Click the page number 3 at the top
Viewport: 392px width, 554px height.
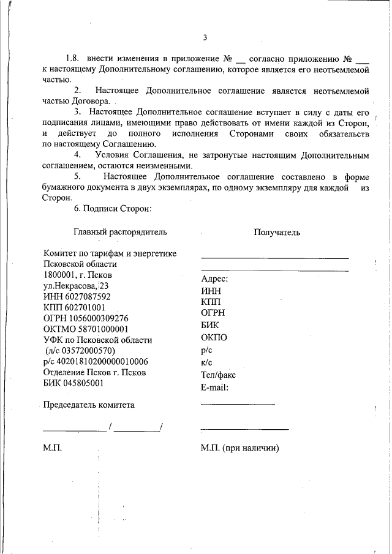205,38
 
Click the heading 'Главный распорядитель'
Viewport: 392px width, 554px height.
120,232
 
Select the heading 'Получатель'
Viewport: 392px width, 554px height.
277,232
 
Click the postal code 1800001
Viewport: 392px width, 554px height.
60,275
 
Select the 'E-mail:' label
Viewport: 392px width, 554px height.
214,387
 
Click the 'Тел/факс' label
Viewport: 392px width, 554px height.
218,375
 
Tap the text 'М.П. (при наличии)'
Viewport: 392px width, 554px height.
239,448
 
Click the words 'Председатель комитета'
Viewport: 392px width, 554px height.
89,405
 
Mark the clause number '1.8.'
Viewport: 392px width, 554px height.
73,59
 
